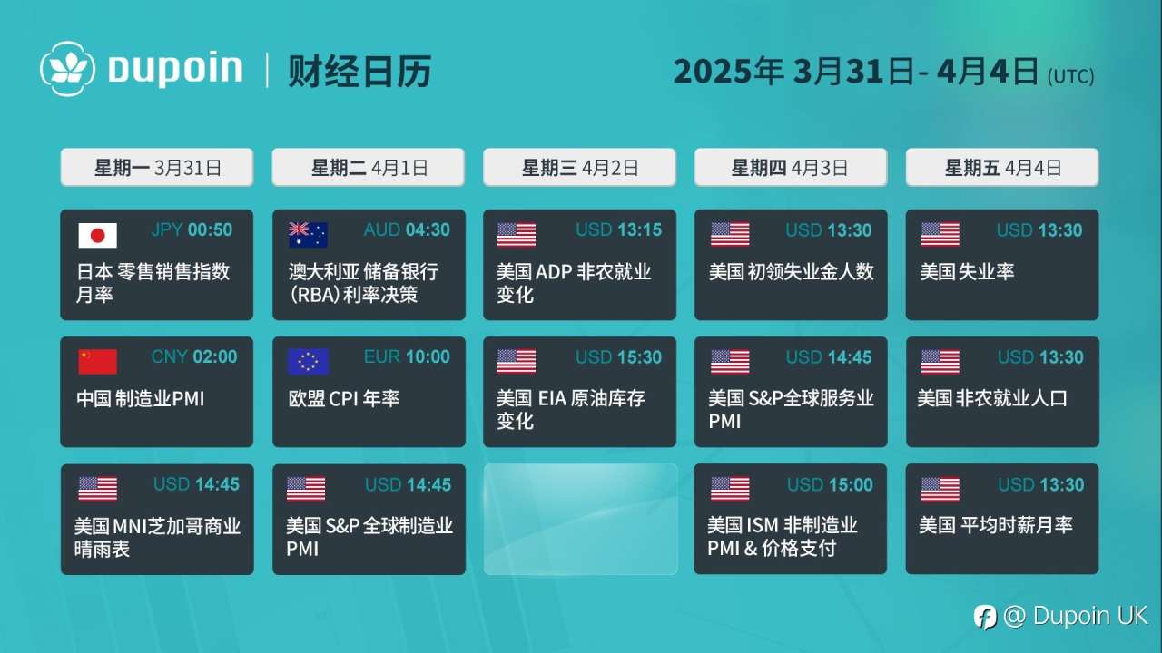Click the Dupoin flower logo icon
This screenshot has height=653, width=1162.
[x=67, y=69]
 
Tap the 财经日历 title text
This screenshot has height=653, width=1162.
[x=359, y=71]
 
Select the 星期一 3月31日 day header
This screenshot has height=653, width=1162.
[x=157, y=168]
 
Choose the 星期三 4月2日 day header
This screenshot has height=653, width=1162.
[x=579, y=168]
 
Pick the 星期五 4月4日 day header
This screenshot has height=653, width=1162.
[x=1002, y=168]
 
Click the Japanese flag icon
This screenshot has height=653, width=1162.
[x=97, y=235]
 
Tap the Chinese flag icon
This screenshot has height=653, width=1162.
[x=97, y=362]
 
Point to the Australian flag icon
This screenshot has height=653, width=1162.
[x=308, y=235]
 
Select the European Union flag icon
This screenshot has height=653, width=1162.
[x=308, y=362]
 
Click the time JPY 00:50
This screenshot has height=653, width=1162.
[x=192, y=229]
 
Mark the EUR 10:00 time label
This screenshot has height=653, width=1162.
[x=407, y=356]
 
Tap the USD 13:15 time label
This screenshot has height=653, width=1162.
[x=619, y=229]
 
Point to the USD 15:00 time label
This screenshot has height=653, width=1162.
[x=830, y=484]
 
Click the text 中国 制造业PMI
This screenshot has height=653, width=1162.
[x=140, y=398]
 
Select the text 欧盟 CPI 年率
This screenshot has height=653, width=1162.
[x=344, y=398]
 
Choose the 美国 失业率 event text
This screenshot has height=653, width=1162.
[x=967, y=271]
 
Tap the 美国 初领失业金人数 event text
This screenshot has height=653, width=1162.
[x=791, y=271]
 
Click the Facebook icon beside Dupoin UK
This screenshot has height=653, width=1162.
[x=985, y=617]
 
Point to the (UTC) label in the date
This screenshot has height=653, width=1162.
[x=1071, y=77]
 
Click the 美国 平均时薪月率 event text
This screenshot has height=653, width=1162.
[x=996, y=525]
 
